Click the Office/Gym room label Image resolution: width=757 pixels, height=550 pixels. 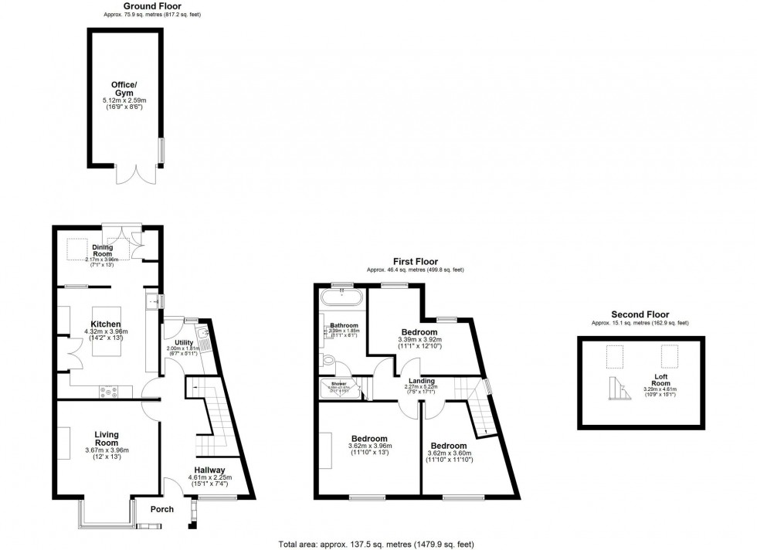pos(124,87)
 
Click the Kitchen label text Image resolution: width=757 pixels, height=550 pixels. pos(106,324)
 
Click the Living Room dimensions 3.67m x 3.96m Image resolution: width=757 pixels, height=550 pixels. pos(107,450)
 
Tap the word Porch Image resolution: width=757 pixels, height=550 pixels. pos(162,509)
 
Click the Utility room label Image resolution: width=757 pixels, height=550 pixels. pos(184,341)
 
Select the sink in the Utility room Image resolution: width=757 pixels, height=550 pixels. pos(202,334)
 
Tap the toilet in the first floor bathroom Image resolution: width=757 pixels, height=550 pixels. pos(329,360)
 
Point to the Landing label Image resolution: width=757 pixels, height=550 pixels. pos(421,381)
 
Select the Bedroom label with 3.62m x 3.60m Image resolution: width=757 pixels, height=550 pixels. pos(448,446)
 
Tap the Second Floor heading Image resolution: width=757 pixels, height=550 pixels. pos(640,314)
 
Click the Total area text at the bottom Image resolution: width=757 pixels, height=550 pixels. pos(386,544)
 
